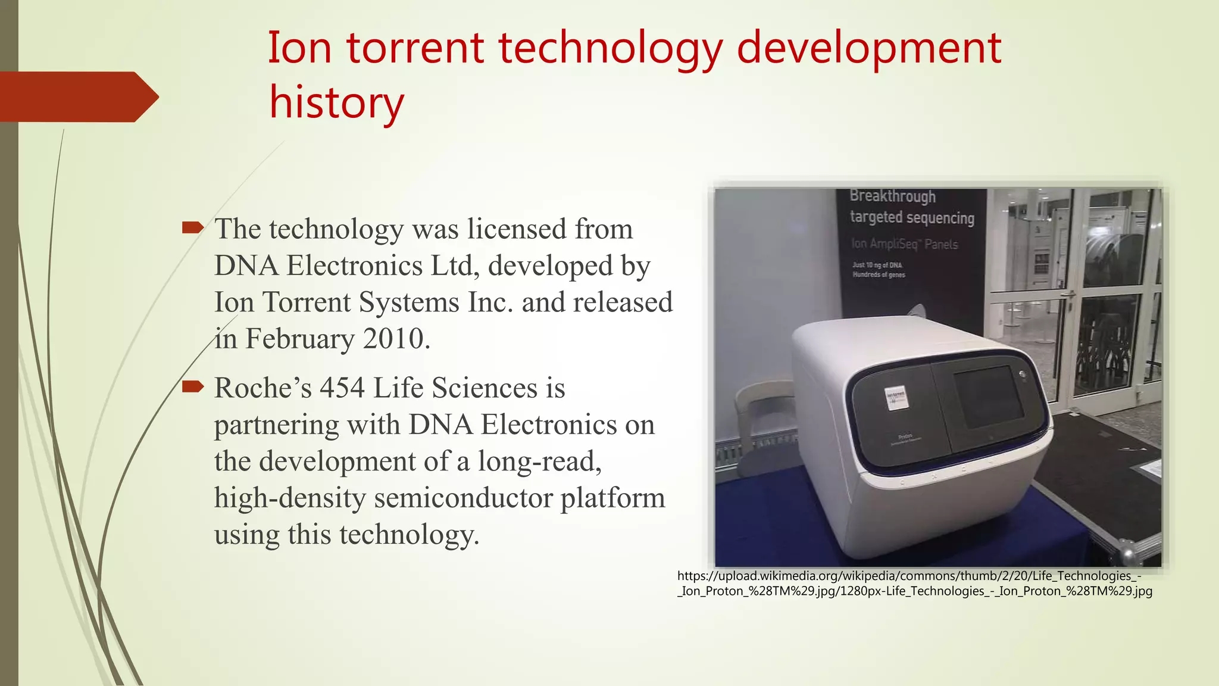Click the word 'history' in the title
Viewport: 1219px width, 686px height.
336,102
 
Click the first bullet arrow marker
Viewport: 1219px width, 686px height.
193,227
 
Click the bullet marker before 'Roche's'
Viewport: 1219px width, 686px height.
193,386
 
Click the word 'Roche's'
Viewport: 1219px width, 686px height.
262,388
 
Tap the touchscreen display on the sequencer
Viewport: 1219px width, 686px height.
988,395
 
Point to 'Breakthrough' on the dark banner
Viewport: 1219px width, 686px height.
892,196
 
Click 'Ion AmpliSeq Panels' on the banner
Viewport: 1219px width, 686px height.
904,244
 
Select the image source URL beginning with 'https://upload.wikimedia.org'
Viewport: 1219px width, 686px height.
914,583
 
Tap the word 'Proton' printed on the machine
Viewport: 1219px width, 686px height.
904,436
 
